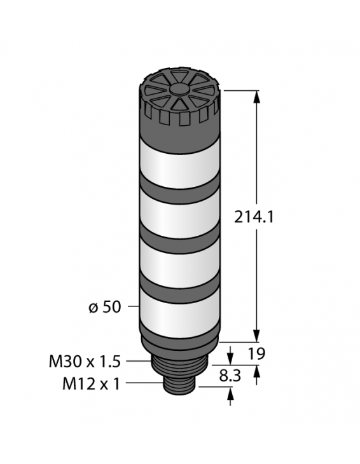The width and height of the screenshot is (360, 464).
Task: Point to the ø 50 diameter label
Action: tap(103, 307)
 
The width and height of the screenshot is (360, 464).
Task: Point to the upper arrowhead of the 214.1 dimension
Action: tap(257, 97)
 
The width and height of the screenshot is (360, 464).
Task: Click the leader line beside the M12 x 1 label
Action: tap(146, 383)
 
